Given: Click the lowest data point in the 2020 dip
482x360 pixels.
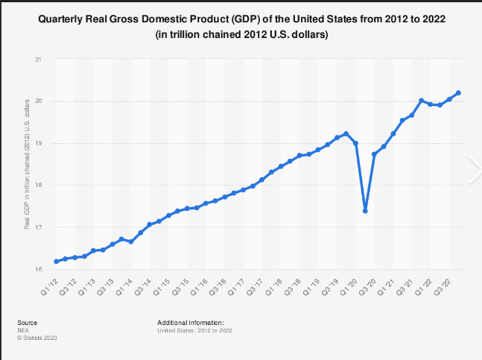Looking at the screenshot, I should click(x=365, y=211).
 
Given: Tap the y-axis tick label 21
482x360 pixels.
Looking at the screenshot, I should click(x=39, y=59).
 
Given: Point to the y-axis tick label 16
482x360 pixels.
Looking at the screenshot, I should click(x=39, y=269).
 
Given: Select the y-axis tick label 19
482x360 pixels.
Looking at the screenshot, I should click(x=39, y=143).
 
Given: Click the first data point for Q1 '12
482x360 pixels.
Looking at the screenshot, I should click(x=57, y=261).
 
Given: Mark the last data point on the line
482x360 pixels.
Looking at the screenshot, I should click(x=458, y=93).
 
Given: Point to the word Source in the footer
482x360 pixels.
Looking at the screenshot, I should click(x=27, y=322).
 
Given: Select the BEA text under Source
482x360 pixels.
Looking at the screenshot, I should click(x=23, y=329).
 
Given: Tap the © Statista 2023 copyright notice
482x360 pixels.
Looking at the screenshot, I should click(x=37, y=338).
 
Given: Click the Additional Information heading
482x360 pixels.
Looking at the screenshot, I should click(x=191, y=322).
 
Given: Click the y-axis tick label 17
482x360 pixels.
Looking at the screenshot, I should click(x=39, y=227).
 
